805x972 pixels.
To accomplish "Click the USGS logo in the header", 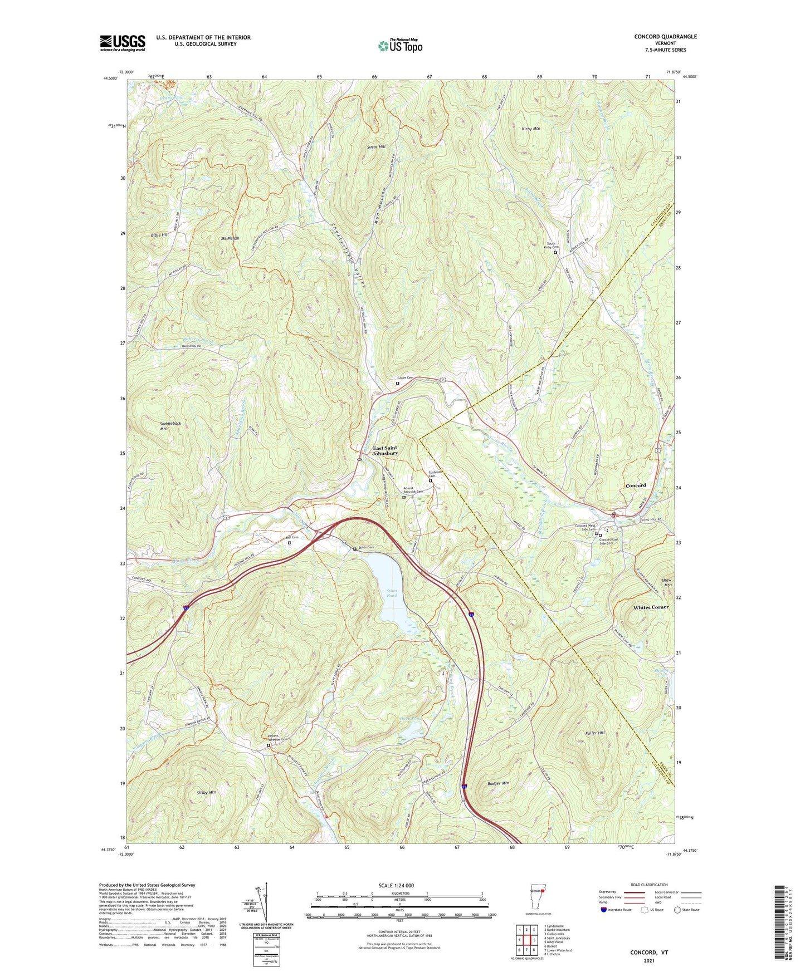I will [x=123, y=43].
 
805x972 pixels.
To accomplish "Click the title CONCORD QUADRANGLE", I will [x=665, y=37].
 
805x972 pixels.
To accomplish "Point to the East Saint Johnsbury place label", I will [x=386, y=451].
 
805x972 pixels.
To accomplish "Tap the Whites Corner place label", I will [x=650, y=607].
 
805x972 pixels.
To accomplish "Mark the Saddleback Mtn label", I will [x=170, y=426].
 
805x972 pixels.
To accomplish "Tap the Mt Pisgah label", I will [x=230, y=238].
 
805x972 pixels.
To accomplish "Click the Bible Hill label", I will [x=159, y=235].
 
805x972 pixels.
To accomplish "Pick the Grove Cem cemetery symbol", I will [x=398, y=383].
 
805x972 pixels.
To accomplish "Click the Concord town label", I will [x=636, y=485].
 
